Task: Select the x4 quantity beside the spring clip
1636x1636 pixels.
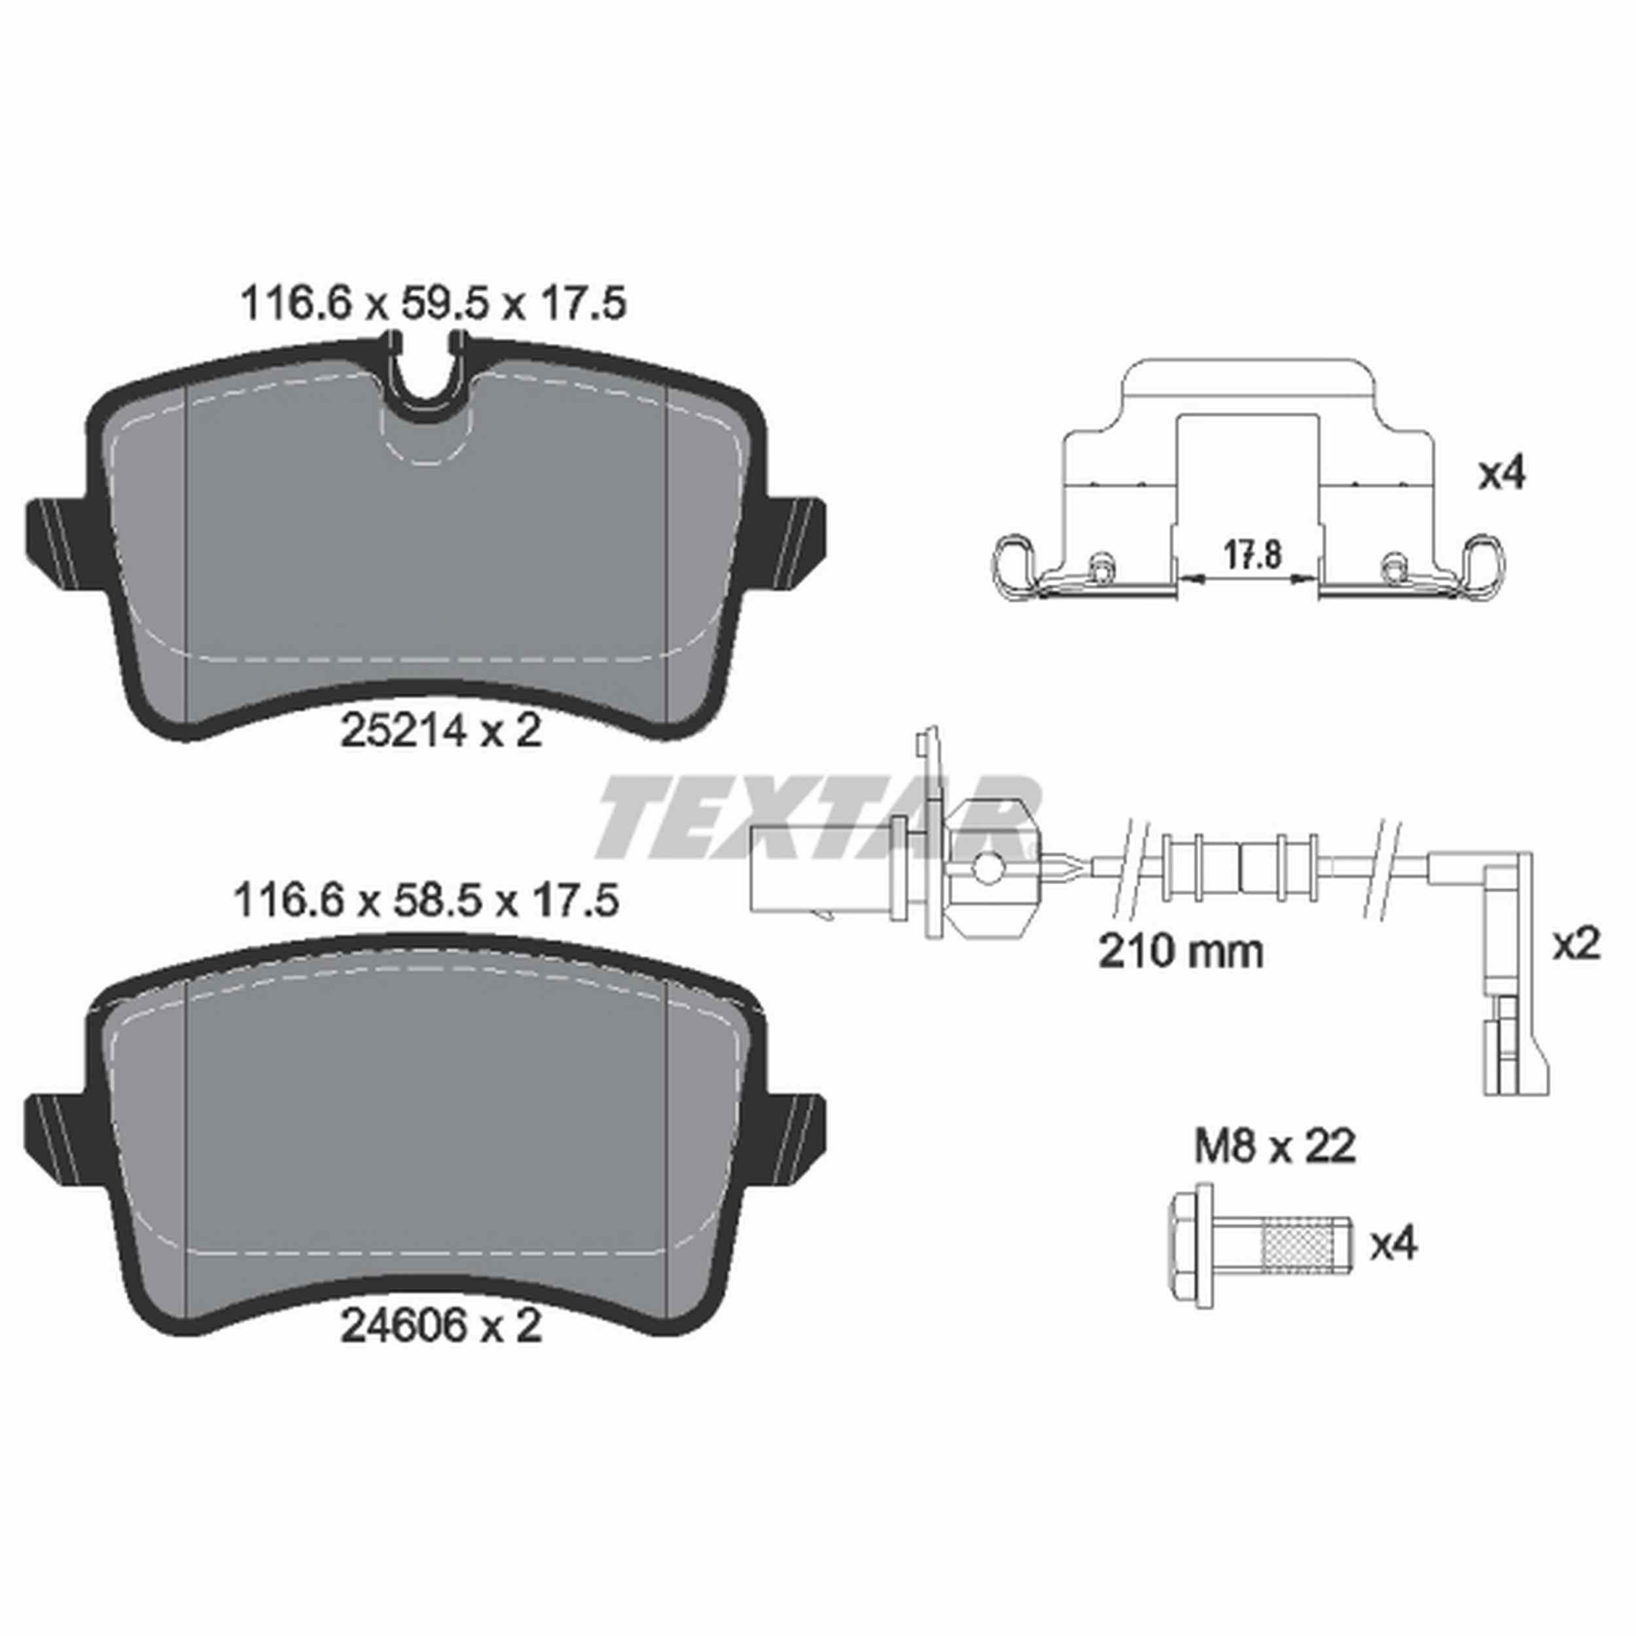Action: [1501, 475]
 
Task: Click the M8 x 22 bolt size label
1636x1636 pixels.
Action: [1274, 1147]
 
